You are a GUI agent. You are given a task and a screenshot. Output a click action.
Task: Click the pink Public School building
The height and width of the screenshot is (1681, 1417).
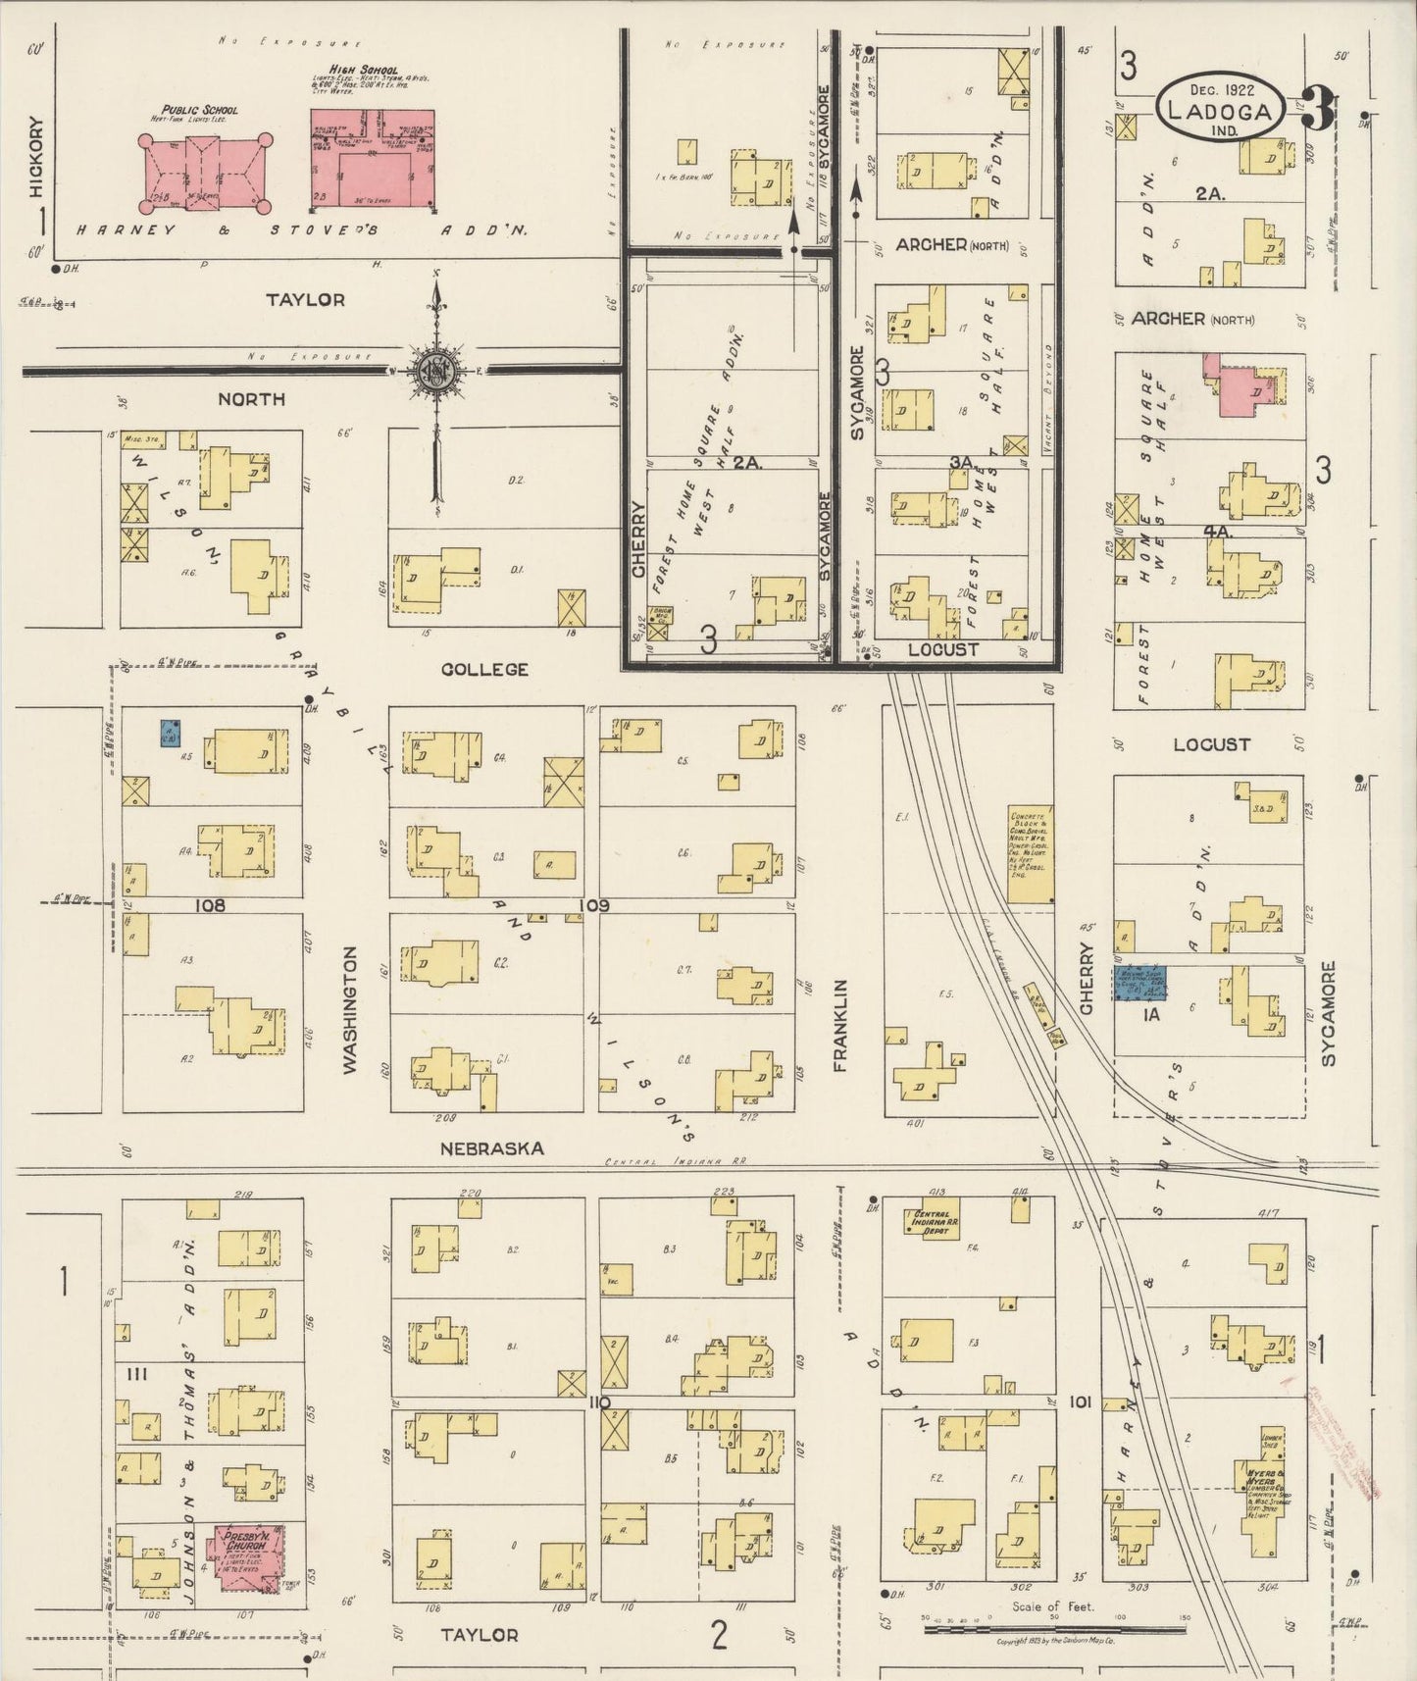204,173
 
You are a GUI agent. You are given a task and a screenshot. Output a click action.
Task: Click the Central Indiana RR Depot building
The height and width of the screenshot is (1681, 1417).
932,1221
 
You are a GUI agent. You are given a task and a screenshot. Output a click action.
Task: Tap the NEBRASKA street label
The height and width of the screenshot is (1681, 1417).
491,1147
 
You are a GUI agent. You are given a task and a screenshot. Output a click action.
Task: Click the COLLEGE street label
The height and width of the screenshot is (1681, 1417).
484,669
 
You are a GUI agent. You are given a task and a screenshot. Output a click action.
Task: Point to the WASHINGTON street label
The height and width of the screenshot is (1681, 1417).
350,1010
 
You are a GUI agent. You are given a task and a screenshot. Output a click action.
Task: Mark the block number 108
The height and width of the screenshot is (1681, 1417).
210,905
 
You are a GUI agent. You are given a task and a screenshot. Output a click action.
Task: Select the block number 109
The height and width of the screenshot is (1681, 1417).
596,905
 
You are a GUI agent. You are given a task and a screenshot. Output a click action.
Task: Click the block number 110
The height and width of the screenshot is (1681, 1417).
599,1403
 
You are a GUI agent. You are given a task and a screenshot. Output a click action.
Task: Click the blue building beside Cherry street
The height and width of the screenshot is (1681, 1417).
1139,983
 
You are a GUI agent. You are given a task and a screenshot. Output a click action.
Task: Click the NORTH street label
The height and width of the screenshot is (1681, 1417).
251,399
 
